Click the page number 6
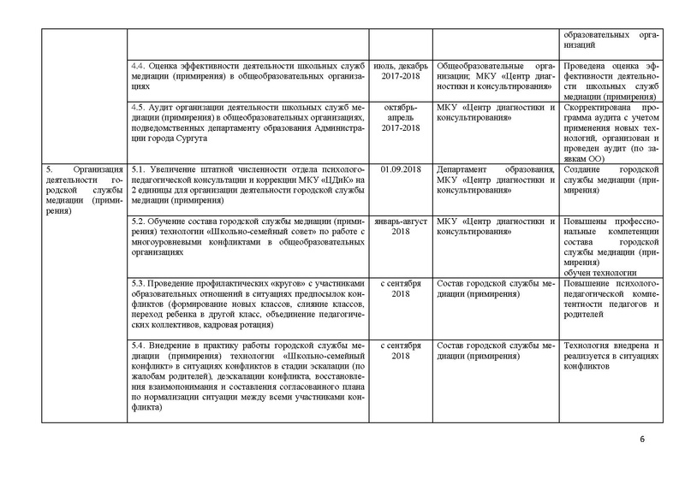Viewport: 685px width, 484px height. click(x=641, y=440)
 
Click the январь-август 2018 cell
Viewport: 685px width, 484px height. click(x=402, y=227)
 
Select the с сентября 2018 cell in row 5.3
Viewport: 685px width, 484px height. click(x=402, y=288)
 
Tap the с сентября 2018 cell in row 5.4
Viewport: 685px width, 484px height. click(x=402, y=350)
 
